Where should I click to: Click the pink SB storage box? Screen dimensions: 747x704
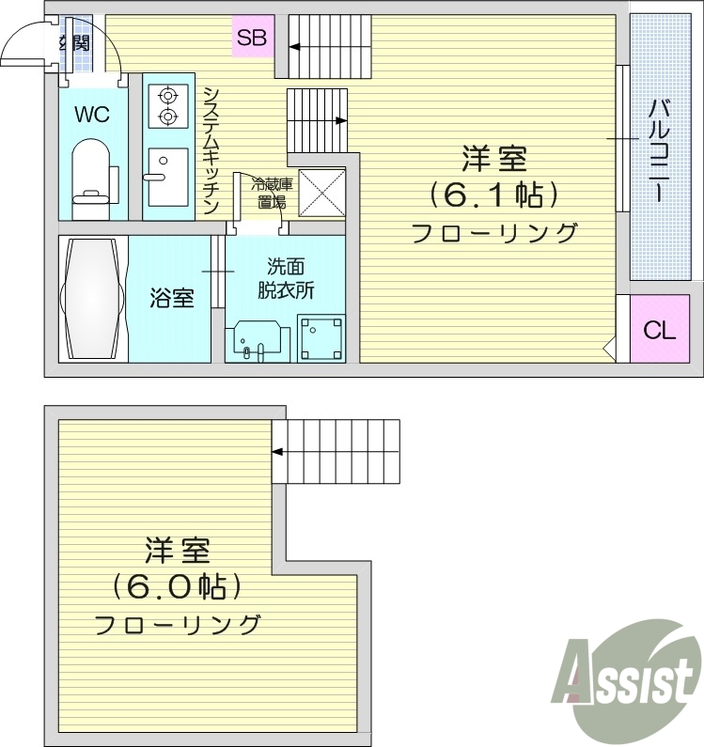coord(252,38)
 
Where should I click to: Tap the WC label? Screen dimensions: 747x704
coord(92,116)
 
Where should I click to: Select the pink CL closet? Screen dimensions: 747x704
coord(659,330)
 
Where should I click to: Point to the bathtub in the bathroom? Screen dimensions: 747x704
coord(92,299)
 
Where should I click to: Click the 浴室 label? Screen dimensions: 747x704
coord(172,299)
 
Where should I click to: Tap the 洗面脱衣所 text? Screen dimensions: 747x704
coord(286,278)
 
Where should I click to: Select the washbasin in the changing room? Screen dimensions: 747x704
coord(258,340)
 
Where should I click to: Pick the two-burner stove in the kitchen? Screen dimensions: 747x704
coord(168,105)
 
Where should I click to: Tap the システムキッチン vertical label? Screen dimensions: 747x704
coord(211,150)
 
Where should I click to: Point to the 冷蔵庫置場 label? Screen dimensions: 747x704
coord(267,192)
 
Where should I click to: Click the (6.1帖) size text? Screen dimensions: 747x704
coord(493,195)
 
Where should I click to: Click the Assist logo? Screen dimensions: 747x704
coord(629,670)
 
